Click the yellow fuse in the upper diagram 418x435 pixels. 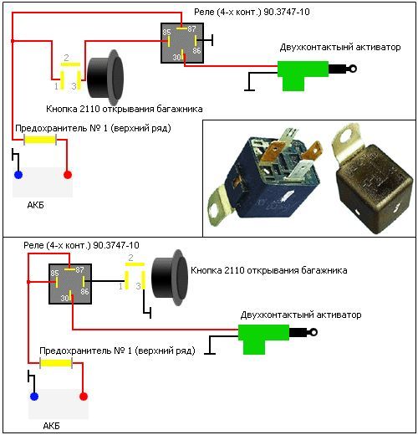pyautogui.click(x=40, y=140)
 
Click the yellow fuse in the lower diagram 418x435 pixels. pyautogui.click(x=56, y=363)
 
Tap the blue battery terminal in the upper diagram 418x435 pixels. pyautogui.click(x=18, y=175)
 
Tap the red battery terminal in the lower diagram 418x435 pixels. pyautogui.click(x=84, y=397)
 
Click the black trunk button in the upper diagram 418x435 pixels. pyautogui.click(x=105, y=77)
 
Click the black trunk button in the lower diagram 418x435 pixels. pyautogui.click(x=170, y=278)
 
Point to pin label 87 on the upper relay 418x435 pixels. pyautogui.click(x=191, y=29)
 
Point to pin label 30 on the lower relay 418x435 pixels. pyautogui.click(x=64, y=298)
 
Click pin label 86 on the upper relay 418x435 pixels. pyautogui.click(x=196, y=50)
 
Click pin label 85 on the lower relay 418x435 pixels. pyautogui.click(x=54, y=273)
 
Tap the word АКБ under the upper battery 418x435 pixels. pyautogui.click(x=35, y=205)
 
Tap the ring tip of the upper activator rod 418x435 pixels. pyautogui.click(x=353, y=69)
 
